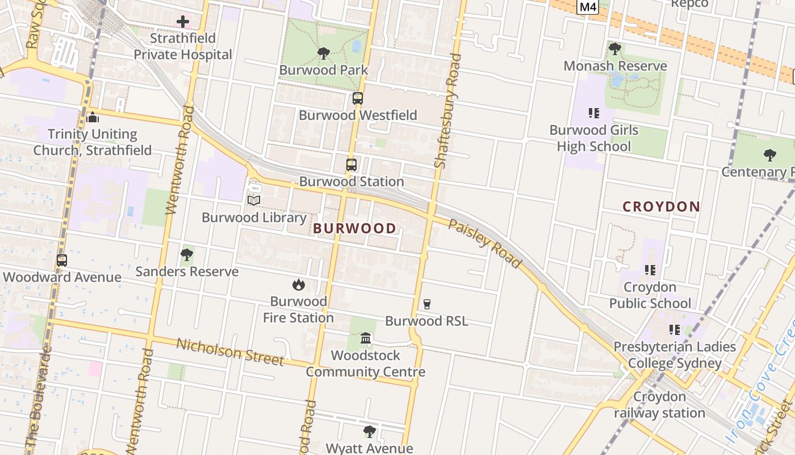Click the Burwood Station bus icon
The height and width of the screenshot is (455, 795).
[352, 166]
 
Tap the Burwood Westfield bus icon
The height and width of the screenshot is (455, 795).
[358, 98]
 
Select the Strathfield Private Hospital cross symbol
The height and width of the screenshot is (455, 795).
[182, 22]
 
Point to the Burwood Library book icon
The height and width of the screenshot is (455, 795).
[254, 201]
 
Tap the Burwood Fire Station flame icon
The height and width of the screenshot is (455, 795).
[298, 285]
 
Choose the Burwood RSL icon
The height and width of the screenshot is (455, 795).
[427, 304]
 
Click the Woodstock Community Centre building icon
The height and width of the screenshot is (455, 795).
[366, 339]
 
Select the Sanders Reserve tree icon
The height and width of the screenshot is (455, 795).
[186, 255]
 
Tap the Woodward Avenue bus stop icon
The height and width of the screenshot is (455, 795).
[62, 260]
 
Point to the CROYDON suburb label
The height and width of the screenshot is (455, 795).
[661, 206]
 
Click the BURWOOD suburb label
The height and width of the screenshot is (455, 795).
[355, 229]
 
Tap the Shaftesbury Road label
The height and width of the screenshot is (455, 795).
[447, 110]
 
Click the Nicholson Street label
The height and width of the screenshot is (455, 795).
[229, 352]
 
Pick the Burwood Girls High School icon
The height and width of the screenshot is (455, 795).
[594, 113]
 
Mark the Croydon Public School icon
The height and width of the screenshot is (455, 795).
[650, 270]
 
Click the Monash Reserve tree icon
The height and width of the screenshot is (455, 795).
[614, 49]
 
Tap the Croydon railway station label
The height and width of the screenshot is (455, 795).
[659, 405]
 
